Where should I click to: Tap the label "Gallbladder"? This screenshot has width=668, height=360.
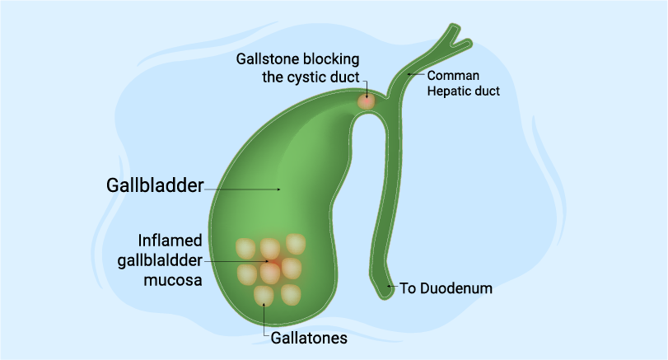tap(154, 185)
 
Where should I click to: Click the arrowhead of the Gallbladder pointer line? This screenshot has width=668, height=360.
tap(279, 189)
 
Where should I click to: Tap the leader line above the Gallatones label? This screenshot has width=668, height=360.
tap(264, 317)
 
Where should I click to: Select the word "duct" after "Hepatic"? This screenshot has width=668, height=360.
tap(485, 91)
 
